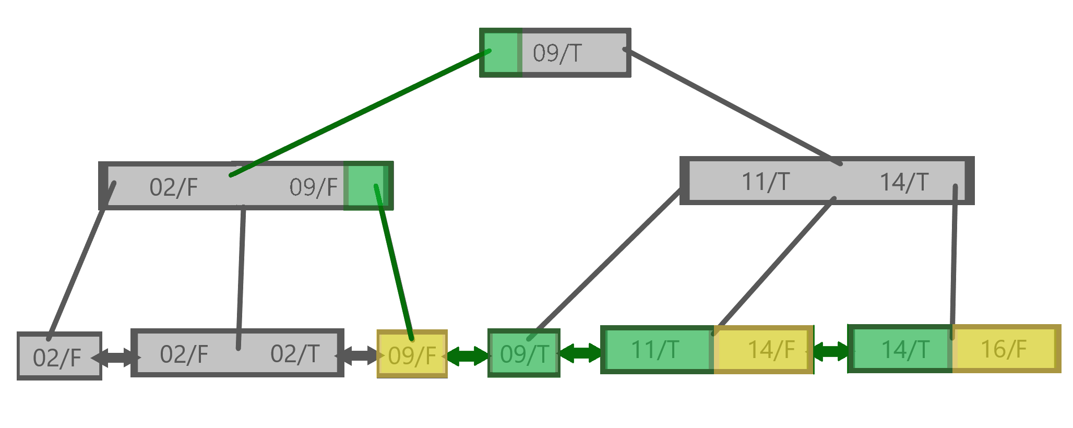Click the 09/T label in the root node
pos(557,53)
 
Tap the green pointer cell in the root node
pos(501,53)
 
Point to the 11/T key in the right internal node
pos(765,182)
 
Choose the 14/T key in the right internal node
pos(904,182)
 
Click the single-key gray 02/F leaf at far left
pos(57,357)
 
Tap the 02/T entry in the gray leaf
pos(295,354)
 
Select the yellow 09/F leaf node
pos(412,355)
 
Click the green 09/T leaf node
pos(524,354)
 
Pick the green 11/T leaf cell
pos(656,350)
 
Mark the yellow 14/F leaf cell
pos(771,350)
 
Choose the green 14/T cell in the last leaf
pos(905,349)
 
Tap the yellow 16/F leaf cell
pos(1004,349)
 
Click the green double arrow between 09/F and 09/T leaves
pos(468,355)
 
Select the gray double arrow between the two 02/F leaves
pos(116,358)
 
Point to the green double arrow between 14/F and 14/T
pos(831,351)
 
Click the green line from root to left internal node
pos(360,113)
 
